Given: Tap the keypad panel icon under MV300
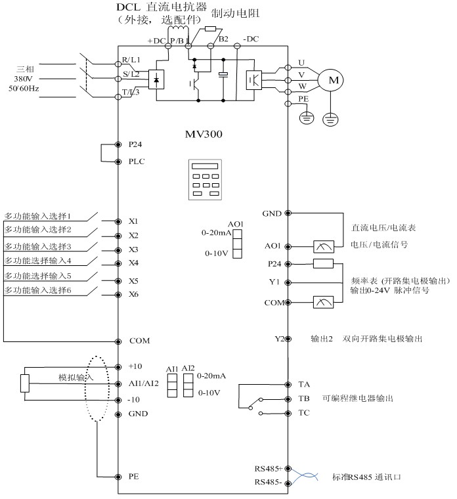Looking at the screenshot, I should (x=202, y=179).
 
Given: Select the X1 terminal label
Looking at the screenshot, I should (x=133, y=221).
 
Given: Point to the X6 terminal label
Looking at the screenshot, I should (x=133, y=294).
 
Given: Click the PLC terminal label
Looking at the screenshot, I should (x=137, y=162).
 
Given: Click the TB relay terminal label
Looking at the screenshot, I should (x=304, y=399).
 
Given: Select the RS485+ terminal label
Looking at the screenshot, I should (x=268, y=468).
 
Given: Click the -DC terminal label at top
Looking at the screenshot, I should (x=251, y=39).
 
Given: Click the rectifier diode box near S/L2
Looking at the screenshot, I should (x=157, y=79).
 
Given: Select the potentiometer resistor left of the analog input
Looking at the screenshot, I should (x=24, y=383).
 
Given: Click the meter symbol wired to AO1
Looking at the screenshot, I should (x=324, y=246).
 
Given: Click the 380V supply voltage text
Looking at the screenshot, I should (x=23, y=77).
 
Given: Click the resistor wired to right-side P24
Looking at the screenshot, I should (x=324, y=264).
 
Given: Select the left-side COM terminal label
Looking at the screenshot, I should (x=140, y=341).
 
